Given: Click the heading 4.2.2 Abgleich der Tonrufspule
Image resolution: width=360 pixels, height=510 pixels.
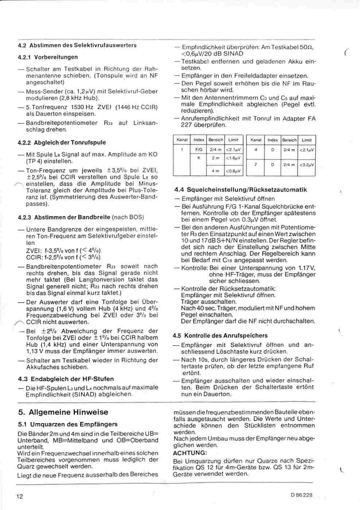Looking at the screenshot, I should click(x=62, y=143).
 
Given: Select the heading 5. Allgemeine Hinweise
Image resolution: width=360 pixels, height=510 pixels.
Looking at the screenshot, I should click(x=63, y=412).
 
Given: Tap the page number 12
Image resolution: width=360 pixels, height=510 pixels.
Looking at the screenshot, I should click(x=19, y=496).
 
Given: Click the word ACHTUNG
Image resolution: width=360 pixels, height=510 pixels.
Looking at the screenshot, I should click(x=190, y=453).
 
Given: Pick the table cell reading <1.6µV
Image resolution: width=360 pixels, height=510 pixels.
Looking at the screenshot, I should click(x=233, y=158).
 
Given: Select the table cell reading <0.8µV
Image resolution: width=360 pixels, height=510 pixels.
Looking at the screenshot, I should click(x=233, y=171).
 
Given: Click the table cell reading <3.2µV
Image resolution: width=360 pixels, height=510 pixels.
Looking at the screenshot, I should click(x=307, y=164).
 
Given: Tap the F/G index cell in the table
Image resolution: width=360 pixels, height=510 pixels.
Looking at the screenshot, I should click(x=199, y=149).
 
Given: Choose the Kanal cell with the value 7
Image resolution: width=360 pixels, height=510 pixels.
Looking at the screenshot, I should click(x=256, y=164).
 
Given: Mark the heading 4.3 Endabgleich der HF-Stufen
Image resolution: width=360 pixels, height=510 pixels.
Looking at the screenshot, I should click(x=66, y=379).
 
